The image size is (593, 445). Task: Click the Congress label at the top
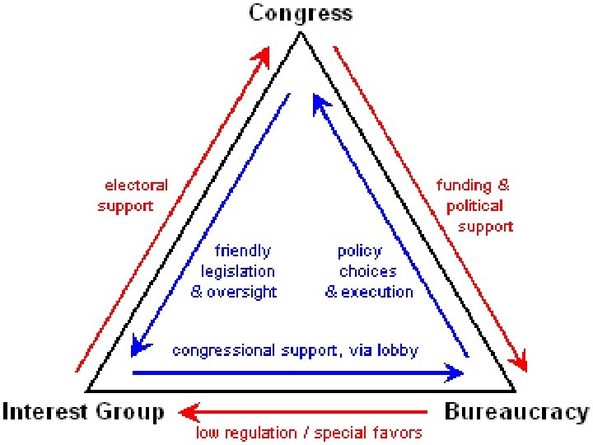pos(301,13)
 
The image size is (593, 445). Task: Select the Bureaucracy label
pos(516,411)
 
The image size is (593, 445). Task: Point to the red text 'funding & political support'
pos(474,205)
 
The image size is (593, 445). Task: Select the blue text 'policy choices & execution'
pos(368,270)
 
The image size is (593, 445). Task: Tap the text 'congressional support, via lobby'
pos(295,350)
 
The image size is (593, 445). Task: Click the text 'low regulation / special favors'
pos(308,432)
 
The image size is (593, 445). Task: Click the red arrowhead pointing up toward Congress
pos(263,57)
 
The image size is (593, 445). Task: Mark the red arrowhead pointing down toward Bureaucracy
pos(518,360)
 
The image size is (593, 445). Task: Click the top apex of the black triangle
pos(301,35)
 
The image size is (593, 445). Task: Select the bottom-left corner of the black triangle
pos(88,391)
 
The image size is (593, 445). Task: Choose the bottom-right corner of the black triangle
pos(515,391)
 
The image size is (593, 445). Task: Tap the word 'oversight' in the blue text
pos(246,292)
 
